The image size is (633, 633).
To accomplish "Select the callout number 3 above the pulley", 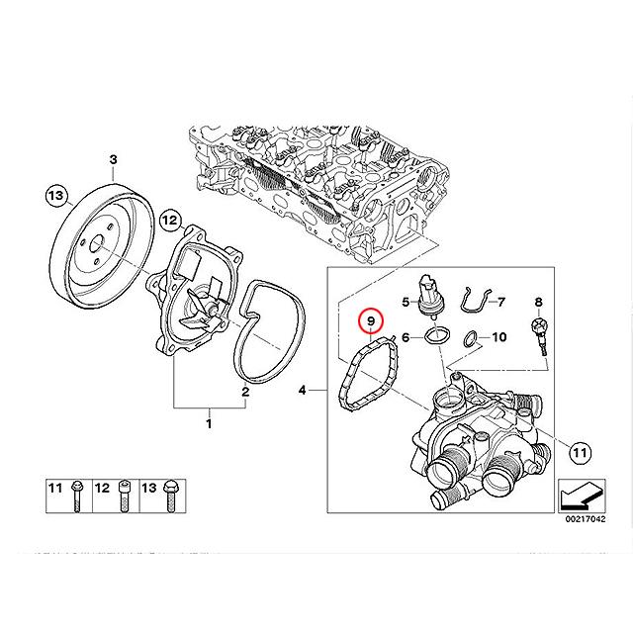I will point(113,160).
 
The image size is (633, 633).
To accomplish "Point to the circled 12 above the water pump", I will point(169,220).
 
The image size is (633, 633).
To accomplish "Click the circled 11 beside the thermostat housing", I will point(579,453).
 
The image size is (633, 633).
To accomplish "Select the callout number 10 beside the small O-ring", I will point(498,337).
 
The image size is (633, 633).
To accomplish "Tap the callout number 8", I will point(539,301).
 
